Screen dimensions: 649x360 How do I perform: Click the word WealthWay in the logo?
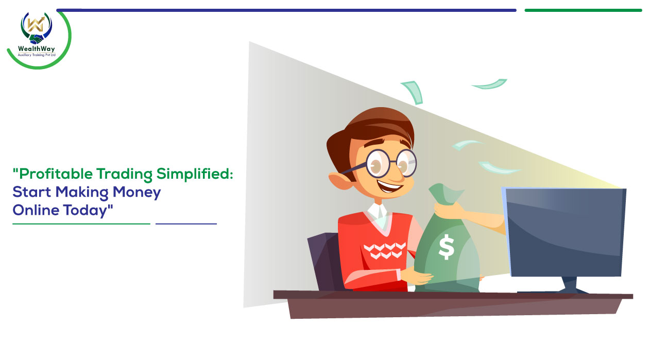click(x=36, y=49)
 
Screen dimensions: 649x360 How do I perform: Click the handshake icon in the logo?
click(x=36, y=39)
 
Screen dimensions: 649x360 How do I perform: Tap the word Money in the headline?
click(x=137, y=193)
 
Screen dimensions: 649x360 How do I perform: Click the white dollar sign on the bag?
click(x=446, y=247)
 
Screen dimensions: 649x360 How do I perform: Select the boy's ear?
click(x=339, y=181)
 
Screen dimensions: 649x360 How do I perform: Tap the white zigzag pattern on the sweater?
click(x=384, y=250)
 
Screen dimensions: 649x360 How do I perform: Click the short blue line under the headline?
click(x=186, y=224)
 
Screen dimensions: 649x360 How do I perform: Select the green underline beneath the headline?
click(x=81, y=224)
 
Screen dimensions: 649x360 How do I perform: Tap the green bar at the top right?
click(x=583, y=10)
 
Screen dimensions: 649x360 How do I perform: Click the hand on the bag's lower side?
click(x=417, y=275)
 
